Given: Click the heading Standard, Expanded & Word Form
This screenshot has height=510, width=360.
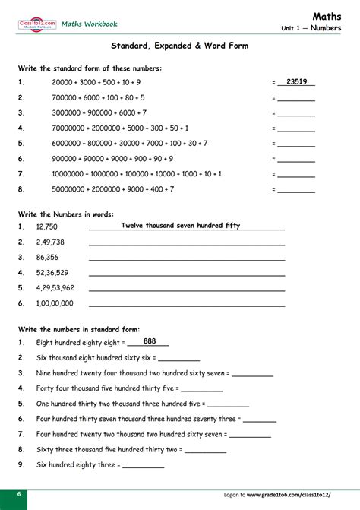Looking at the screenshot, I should pyautogui.click(x=179, y=46).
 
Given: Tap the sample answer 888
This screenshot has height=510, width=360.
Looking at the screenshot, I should pyautogui.click(x=150, y=341).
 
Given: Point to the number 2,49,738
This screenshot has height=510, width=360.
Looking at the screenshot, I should pyautogui.click(x=50, y=242).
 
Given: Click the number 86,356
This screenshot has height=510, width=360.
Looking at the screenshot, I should pyautogui.click(x=47, y=258).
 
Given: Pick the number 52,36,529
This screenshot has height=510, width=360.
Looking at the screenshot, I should pyautogui.click(x=52, y=272).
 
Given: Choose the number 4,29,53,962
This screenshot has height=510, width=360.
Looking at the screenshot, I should pyautogui.click(x=55, y=287).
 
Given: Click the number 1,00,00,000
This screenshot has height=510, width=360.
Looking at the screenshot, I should pyautogui.click(x=55, y=303).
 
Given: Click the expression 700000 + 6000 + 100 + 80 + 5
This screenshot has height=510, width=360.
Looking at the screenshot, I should pyautogui.click(x=98, y=97).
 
